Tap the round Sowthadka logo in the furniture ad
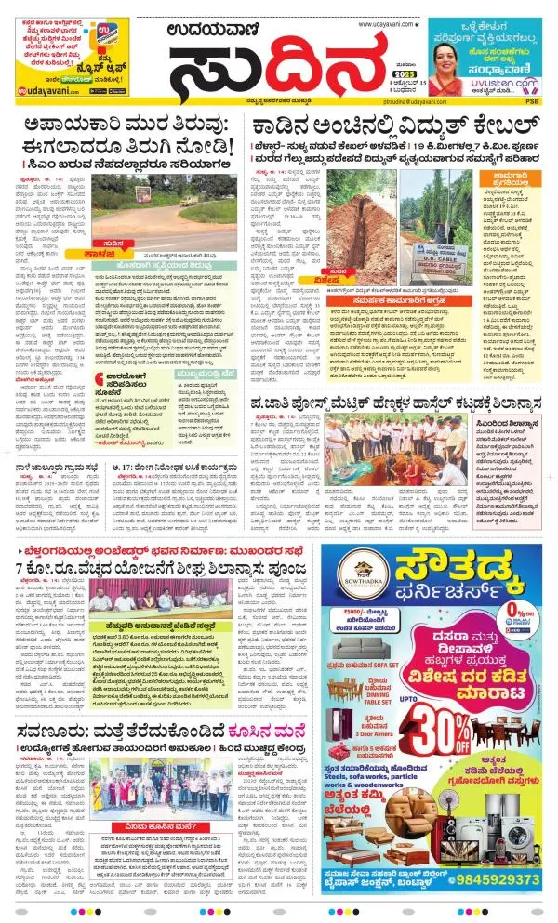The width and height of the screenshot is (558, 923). tap(351, 571)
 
